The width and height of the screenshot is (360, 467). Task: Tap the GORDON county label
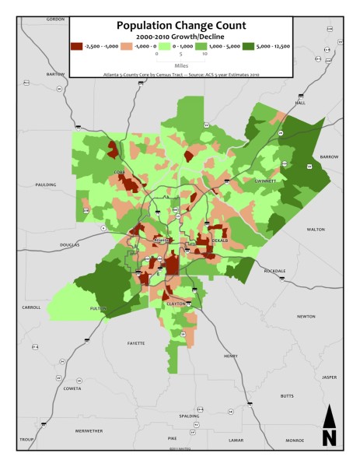[x=55, y=19]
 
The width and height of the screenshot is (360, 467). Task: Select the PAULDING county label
[x=46, y=185]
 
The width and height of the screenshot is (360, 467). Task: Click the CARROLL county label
[x=31, y=307]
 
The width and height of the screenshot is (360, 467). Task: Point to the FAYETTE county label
[x=136, y=342]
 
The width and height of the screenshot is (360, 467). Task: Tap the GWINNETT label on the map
[x=265, y=180]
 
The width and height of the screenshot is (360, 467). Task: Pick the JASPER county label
[x=329, y=377]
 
